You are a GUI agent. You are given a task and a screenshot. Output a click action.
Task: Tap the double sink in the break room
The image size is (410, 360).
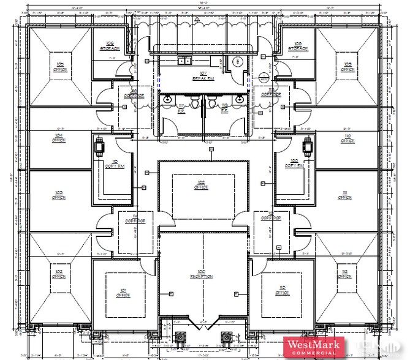(x=183, y=61)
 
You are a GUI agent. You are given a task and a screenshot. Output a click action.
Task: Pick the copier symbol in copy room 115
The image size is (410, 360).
(x=99, y=146)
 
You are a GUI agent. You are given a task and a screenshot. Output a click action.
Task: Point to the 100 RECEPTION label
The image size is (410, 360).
(x=203, y=274)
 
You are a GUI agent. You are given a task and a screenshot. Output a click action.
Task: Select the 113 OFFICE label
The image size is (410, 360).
(x=282, y=291)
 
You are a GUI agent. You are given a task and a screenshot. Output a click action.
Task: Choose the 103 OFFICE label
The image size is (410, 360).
(x=59, y=195)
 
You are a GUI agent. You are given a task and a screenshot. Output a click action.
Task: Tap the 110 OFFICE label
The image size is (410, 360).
(x=347, y=138)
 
